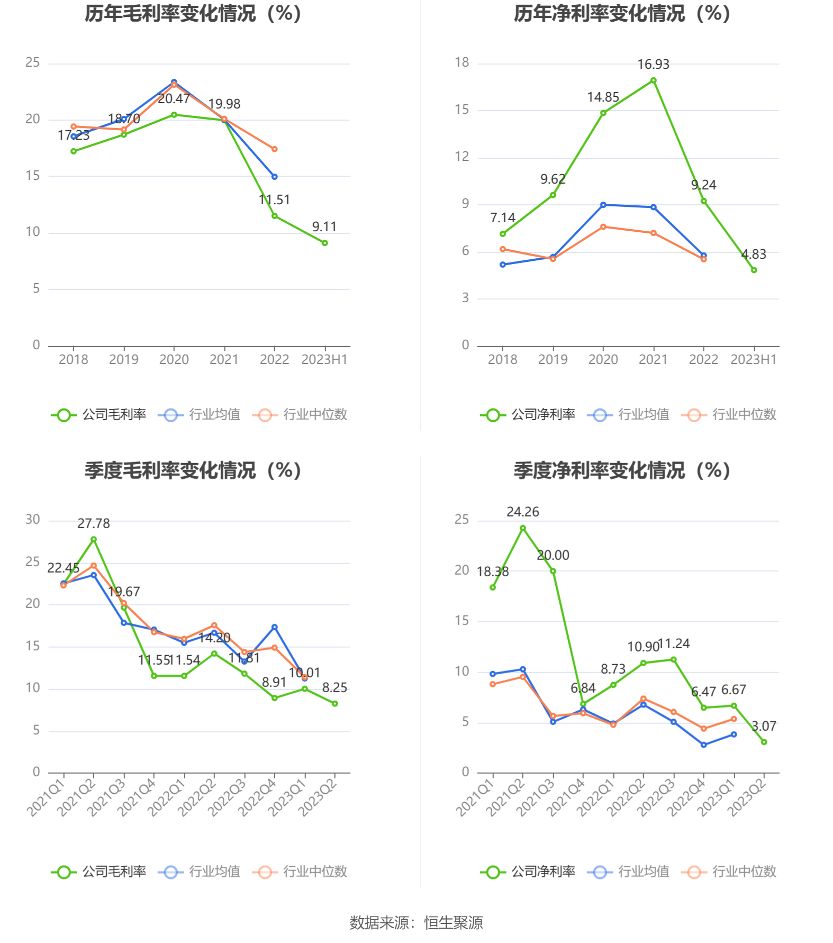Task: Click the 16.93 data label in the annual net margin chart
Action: [653, 65]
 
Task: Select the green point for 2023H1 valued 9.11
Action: [324, 243]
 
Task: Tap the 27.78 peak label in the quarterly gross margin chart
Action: [94, 523]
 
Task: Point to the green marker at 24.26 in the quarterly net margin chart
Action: [523, 528]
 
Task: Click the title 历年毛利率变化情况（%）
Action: [193, 14]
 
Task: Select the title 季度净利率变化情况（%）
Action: [622, 470]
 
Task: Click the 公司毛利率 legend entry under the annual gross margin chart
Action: [99, 415]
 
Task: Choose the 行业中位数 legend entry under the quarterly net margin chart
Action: [729, 872]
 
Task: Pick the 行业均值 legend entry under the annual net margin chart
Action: [629, 415]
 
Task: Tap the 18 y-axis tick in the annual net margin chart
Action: [462, 63]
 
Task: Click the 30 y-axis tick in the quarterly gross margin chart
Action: [33, 520]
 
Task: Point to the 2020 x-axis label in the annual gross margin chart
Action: [174, 360]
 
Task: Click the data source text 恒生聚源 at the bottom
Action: [453, 923]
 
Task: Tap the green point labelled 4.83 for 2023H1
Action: [754, 270]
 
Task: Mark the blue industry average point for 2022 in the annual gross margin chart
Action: [274, 177]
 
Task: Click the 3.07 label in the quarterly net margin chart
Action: [764, 726]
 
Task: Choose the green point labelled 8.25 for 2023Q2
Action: [334, 703]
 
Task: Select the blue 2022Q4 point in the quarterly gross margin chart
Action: [274, 627]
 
